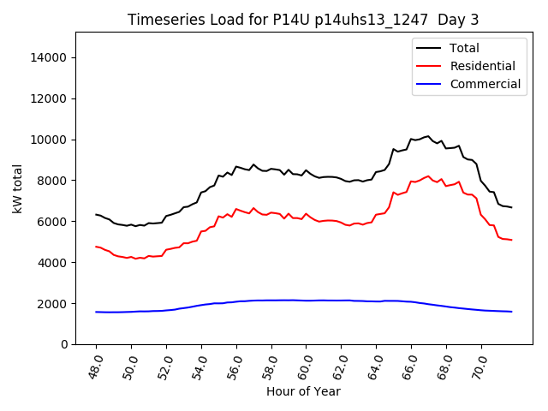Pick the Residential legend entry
pos(482,66)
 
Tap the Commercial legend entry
pos(485,84)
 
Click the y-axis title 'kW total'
pos(18,188)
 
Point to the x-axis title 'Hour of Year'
pos(303,391)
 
